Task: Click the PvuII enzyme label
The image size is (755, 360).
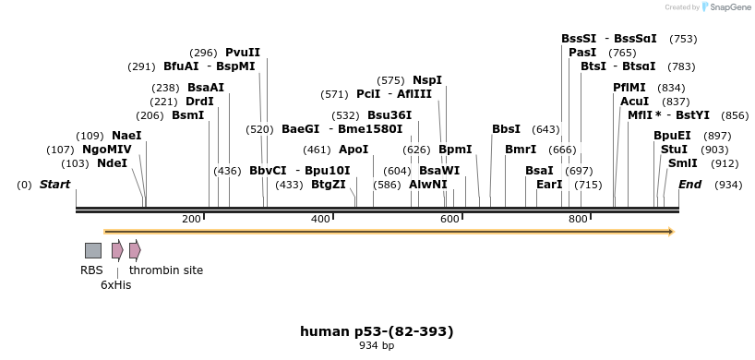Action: click(243, 53)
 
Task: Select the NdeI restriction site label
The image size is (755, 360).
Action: click(112, 163)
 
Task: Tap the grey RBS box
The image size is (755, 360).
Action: click(92, 250)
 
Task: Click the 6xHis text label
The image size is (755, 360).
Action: click(116, 285)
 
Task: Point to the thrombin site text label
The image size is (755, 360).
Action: click(166, 270)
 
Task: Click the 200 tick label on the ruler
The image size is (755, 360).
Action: click(191, 219)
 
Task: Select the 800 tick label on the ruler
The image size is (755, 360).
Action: click(578, 219)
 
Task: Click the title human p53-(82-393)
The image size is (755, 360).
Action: click(377, 331)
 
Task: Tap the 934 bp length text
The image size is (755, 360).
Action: click(377, 346)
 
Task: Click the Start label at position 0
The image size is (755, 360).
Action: click(54, 185)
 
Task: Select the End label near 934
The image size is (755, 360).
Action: click(689, 185)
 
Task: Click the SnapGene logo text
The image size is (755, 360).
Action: click(730, 7)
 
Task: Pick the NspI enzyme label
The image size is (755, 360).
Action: click(427, 80)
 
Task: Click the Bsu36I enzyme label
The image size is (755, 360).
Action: click(389, 115)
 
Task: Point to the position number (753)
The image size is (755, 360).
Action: click(683, 39)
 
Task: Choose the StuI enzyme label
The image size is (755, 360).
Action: click(674, 150)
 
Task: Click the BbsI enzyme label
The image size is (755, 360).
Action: click(506, 129)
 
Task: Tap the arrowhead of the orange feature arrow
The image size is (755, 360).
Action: click(670, 232)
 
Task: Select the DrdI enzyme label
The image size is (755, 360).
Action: click(199, 102)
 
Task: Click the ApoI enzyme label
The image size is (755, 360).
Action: click(354, 150)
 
